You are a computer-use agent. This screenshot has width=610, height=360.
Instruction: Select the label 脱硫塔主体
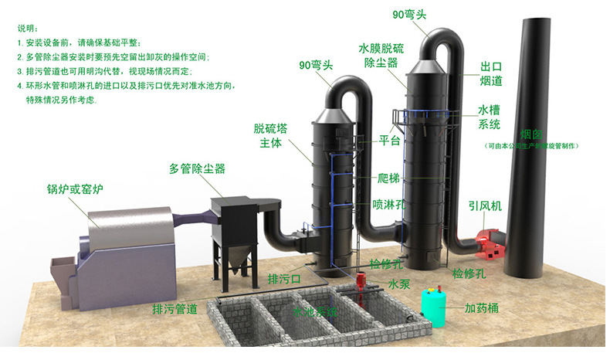(269, 136)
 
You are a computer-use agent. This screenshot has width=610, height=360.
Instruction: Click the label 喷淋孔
(387, 205)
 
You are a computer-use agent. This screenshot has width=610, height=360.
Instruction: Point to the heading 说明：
(26, 29)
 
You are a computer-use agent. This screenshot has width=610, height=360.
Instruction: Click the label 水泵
(398, 284)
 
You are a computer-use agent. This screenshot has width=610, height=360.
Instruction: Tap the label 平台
(389, 141)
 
